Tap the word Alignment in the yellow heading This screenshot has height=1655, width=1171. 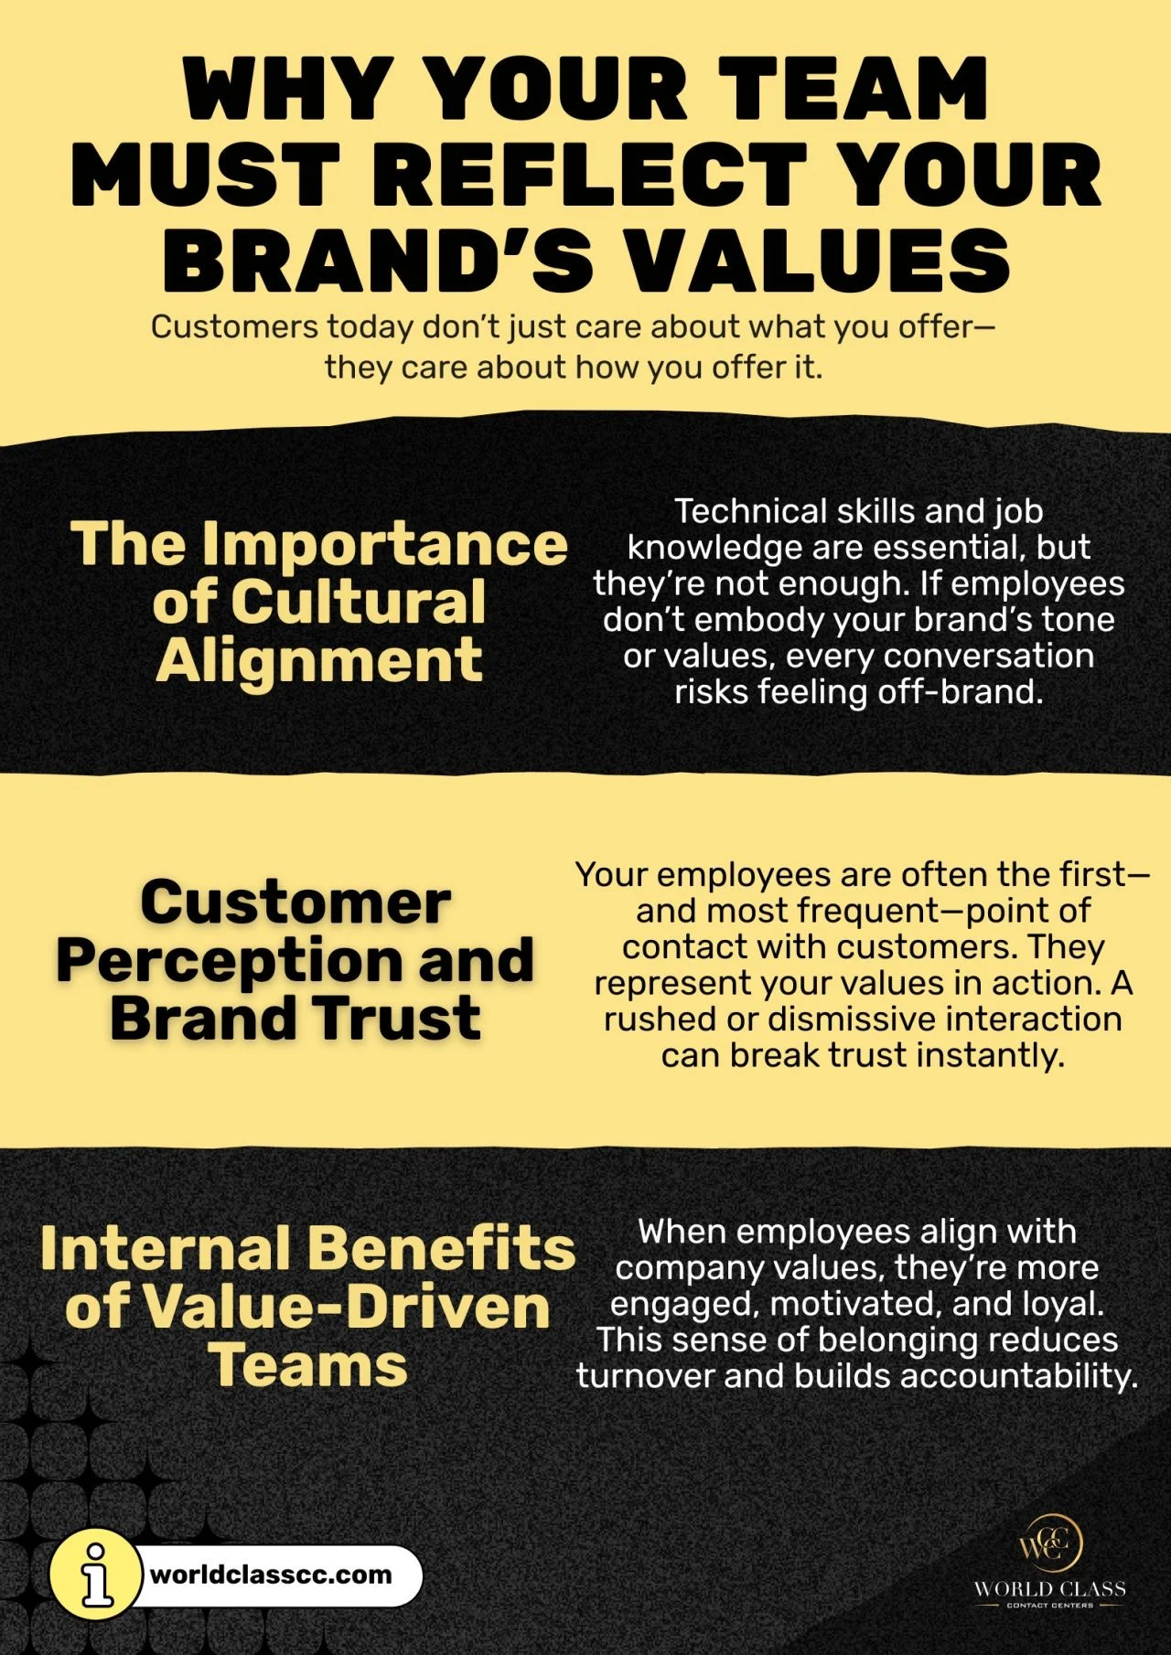tap(319, 662)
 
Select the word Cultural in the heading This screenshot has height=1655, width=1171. tap(358, 603)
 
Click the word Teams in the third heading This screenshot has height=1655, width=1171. tap(308, 1366)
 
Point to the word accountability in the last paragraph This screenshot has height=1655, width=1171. tap(1018, 1376)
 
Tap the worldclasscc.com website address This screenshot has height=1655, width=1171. tap(271, 1575)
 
